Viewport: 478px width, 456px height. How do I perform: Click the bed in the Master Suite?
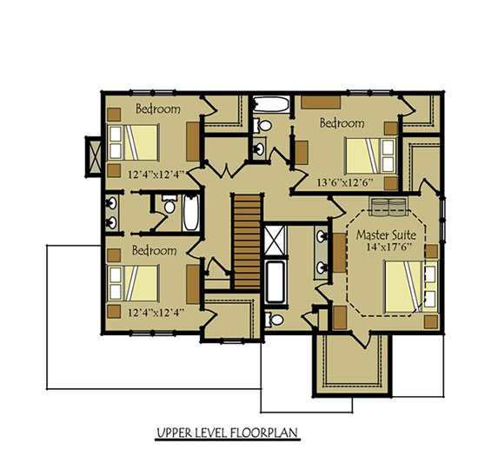pyautogui.click(x=404, y=287)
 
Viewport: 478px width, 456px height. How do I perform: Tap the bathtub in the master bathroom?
pyautogui.click(x=275, y=281)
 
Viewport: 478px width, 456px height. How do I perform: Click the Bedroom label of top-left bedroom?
pyautogui.click(x=157, y=109)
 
